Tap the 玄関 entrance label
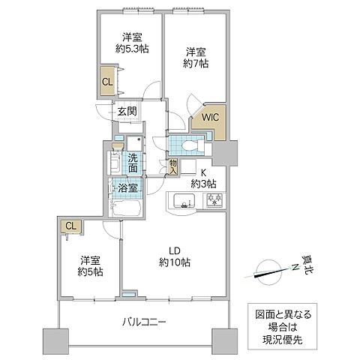[127, 112]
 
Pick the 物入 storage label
[172, 166]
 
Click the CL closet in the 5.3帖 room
[107, 81]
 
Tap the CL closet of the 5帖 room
[70, 225]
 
